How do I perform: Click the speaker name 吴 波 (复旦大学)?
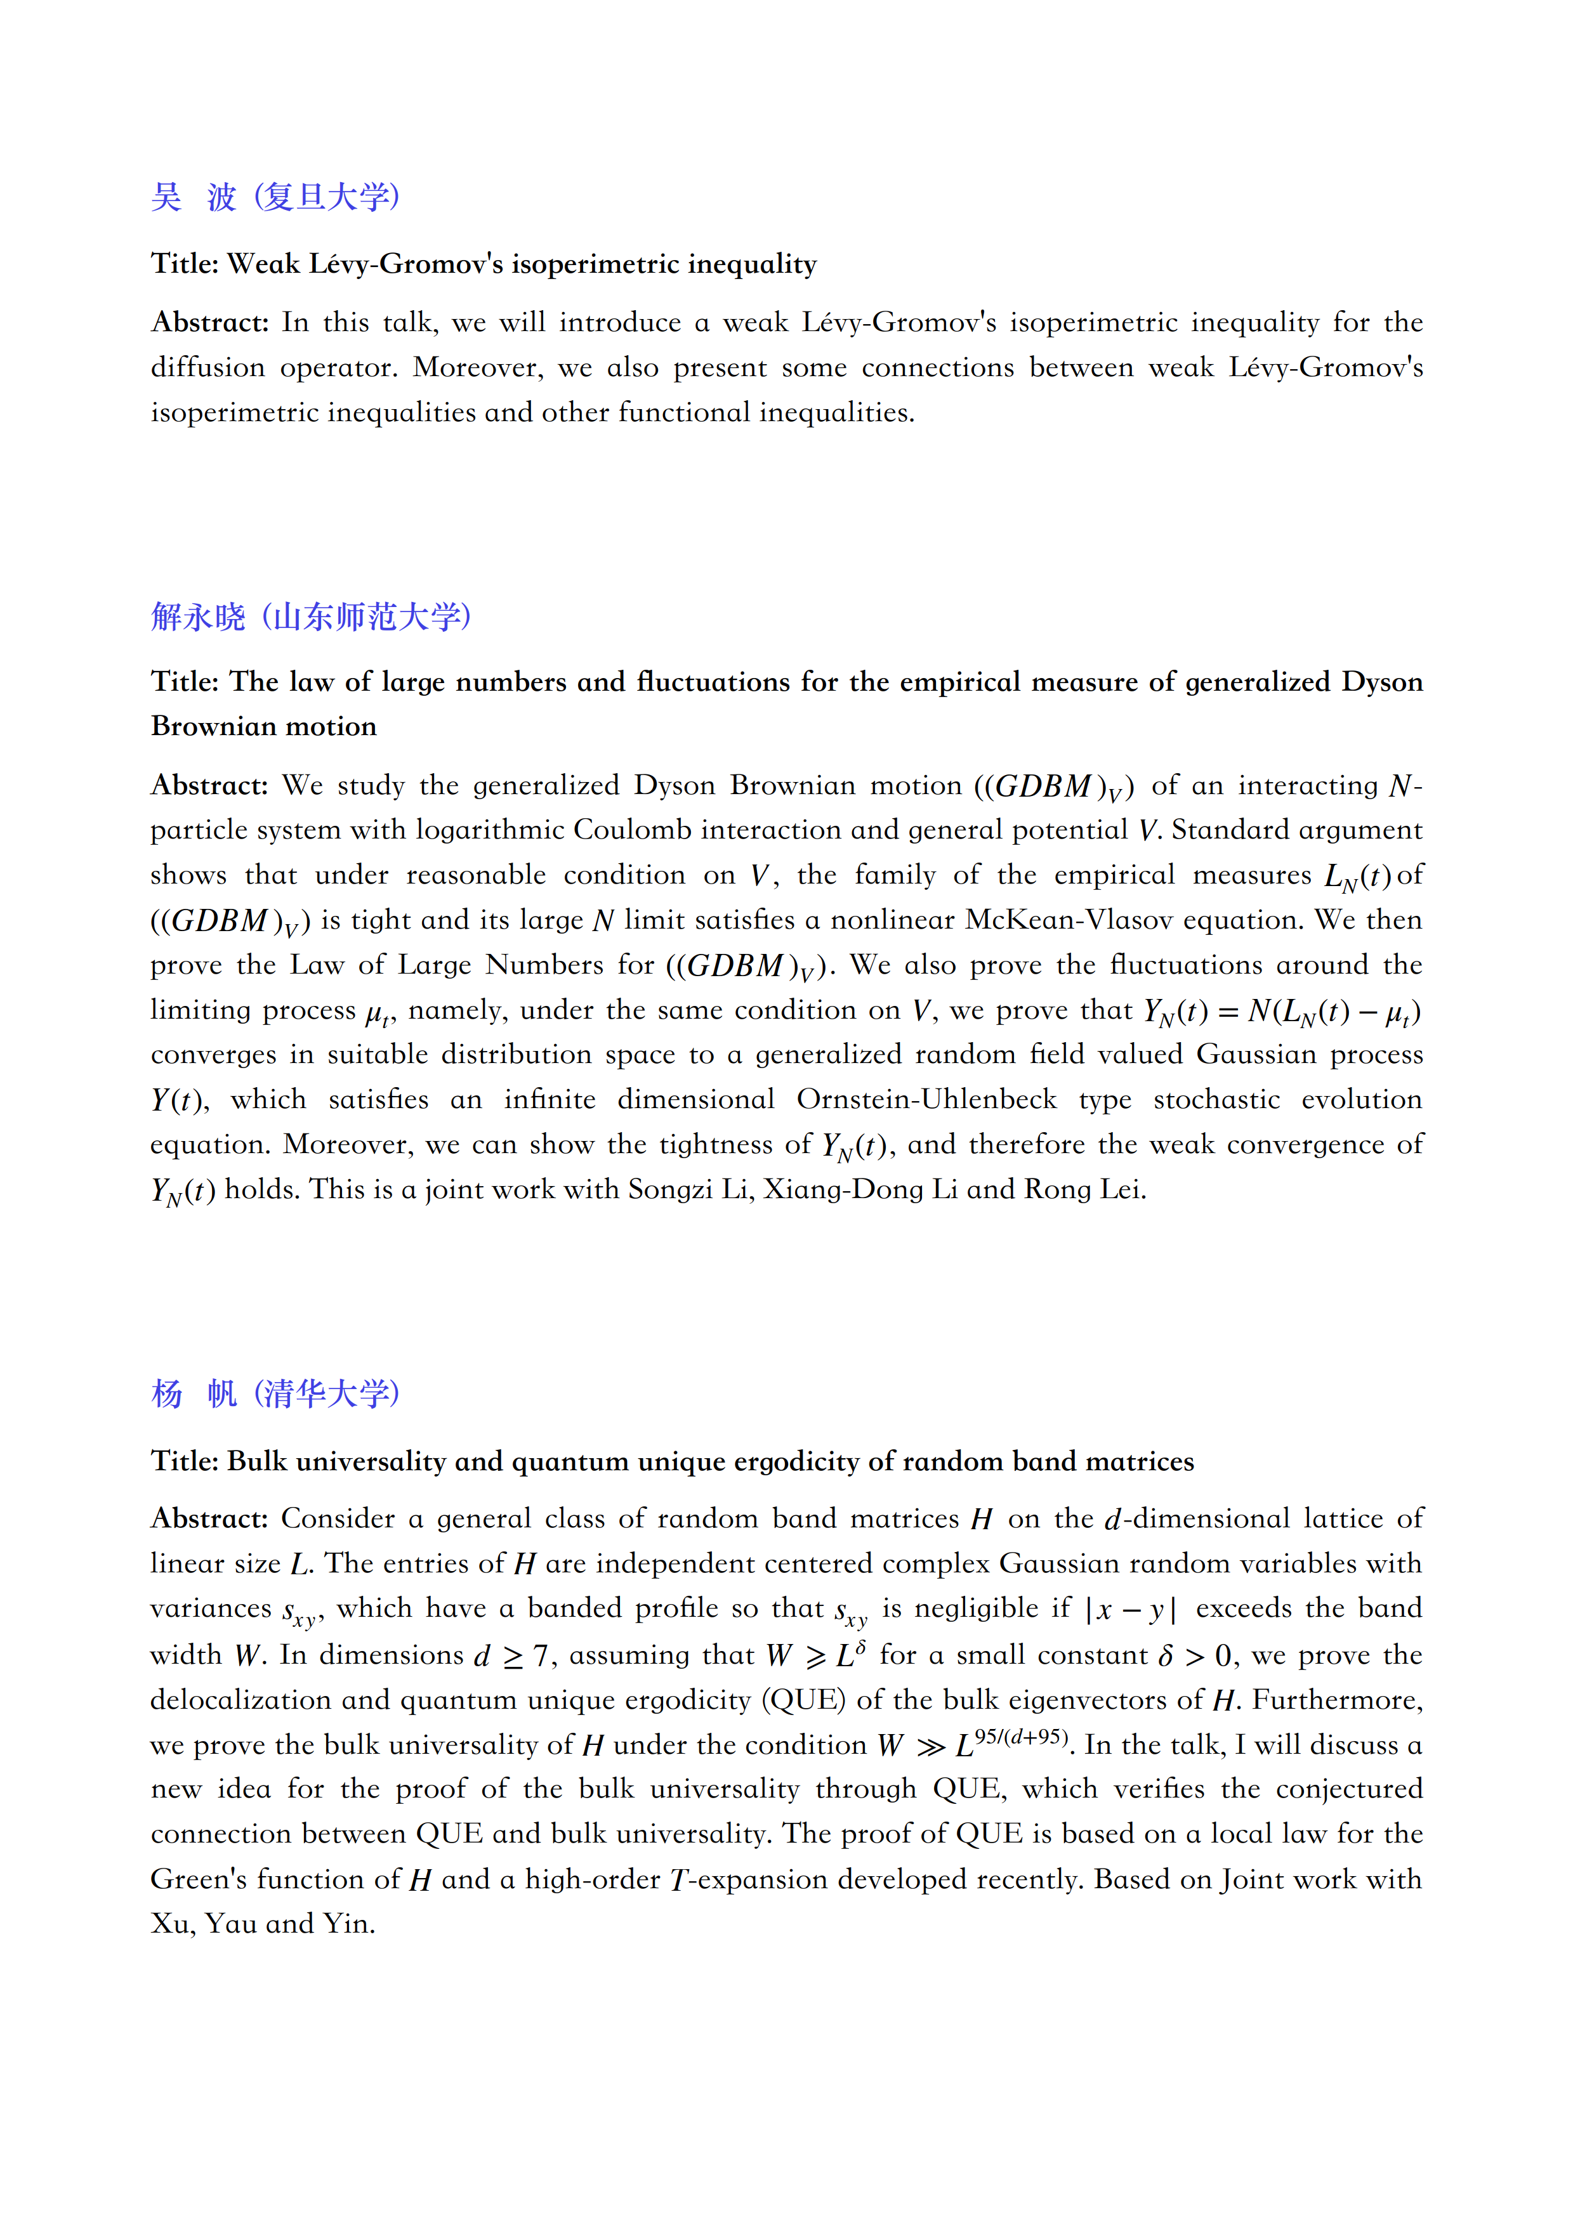tap(275, 197)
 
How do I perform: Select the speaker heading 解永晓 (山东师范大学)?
tap(311, 617)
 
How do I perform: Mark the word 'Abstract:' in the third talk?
tap(208, 1518)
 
